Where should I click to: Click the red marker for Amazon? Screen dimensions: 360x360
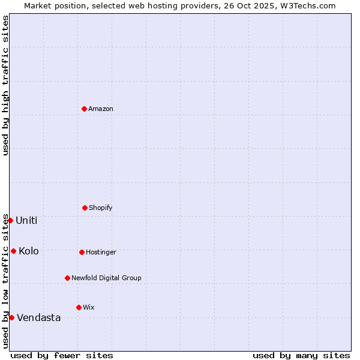84,109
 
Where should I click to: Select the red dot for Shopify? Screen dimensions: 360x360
85,208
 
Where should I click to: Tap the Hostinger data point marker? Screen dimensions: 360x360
82,252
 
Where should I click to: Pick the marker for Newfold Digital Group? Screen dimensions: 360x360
67,278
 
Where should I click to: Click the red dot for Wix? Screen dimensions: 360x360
79,307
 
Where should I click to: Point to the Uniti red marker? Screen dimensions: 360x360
10,220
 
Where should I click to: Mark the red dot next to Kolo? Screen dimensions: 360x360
13,251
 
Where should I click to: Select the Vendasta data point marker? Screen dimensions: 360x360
11,317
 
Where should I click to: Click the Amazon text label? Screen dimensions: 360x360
101,109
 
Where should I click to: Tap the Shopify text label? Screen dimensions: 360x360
101,208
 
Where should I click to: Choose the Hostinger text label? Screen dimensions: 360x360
101,252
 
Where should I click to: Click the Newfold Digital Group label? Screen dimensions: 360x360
106,278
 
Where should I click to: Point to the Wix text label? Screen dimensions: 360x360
89,307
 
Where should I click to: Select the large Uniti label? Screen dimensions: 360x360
26,220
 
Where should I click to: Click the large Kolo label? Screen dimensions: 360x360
29,251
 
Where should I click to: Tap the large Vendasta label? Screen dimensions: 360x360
39,317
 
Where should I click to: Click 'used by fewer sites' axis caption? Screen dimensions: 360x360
62,355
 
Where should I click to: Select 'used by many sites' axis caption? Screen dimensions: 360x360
301,355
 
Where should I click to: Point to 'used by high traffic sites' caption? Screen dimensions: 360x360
5,85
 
